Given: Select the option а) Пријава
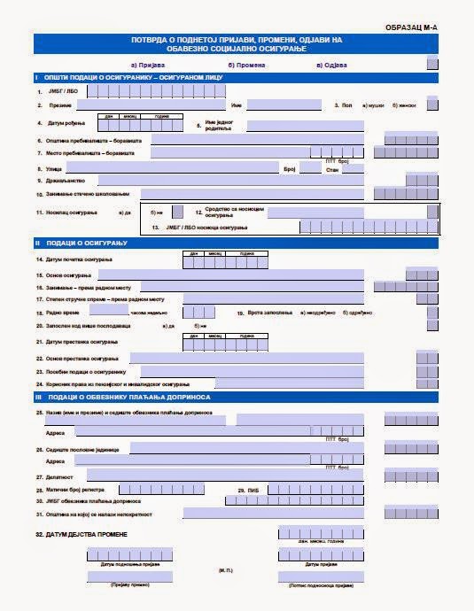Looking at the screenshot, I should pyautogui.click(x=147, y=65).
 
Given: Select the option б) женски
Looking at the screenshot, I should pyautogui.click(x=404, y=105).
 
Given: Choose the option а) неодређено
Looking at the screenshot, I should pyautogui.click(x=316, y=313).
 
